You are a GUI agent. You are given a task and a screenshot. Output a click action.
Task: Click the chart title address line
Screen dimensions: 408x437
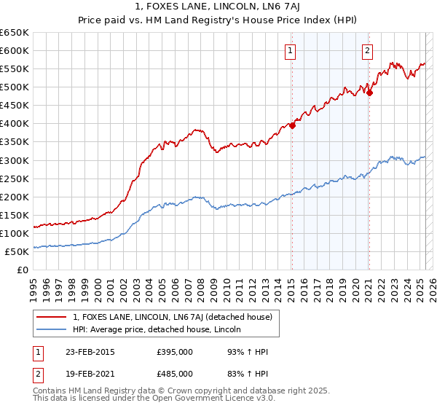219,7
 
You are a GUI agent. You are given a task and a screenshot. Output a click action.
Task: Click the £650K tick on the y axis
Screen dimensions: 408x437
15,33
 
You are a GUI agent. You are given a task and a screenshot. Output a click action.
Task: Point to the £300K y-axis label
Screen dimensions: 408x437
15,160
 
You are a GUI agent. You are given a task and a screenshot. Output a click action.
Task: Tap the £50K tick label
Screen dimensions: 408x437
17,251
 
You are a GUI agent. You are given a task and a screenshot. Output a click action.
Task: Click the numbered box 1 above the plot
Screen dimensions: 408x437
291,50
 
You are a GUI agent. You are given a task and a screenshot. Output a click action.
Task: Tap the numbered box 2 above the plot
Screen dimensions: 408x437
367,50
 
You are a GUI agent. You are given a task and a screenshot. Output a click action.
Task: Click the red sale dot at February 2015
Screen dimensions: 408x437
292,125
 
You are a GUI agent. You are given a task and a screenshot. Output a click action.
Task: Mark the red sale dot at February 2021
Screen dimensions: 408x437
369,93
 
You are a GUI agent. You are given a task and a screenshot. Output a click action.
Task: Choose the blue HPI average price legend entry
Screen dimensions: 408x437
161,330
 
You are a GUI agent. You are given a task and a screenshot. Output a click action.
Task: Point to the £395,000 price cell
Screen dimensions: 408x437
174,352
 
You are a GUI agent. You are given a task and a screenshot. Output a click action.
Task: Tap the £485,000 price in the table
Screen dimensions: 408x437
174,374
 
